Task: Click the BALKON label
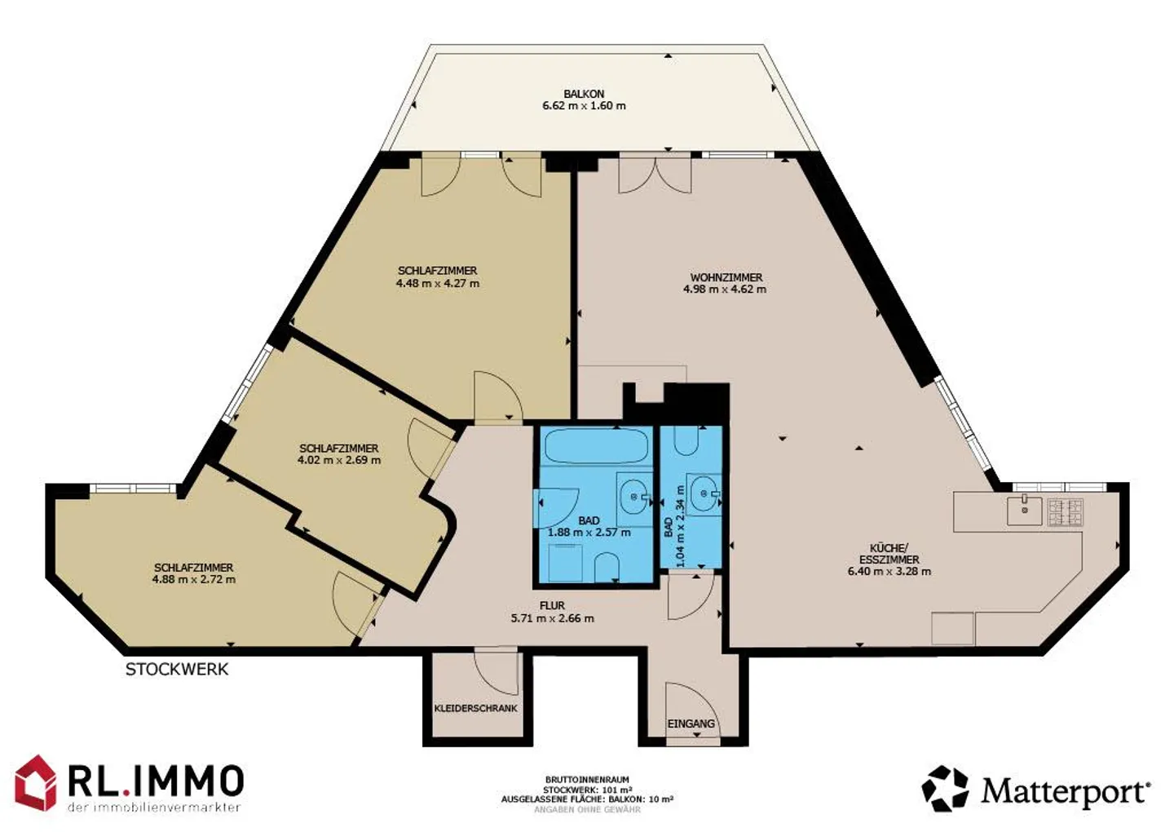click(x=584, y=94)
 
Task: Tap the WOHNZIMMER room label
click(x=726, y=277)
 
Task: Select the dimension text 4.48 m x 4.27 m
click(x=438, y=284)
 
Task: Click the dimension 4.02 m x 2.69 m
click(x=339, y=460)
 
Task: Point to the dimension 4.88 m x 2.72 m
click(x=194, y=579)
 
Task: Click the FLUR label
click(x=553, y=606)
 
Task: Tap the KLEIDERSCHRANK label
click(x=476, y=708)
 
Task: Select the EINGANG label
click(x=691, y=724)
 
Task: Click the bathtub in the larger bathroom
click(x=597, y=445)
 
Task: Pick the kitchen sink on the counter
click(x=1024, y=511)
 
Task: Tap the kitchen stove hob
click(x=1065, y=512)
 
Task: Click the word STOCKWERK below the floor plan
click(x=177, y=670)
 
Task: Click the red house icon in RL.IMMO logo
click(x=36, y=783)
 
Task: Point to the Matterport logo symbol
click(x=945, y=789)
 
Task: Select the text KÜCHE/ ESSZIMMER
click(x=889, y=554)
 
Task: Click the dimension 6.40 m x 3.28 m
click(x=889, y=572)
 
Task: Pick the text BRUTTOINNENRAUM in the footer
click(x=586, y=780)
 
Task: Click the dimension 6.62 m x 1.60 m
click(x=584, y=105)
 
